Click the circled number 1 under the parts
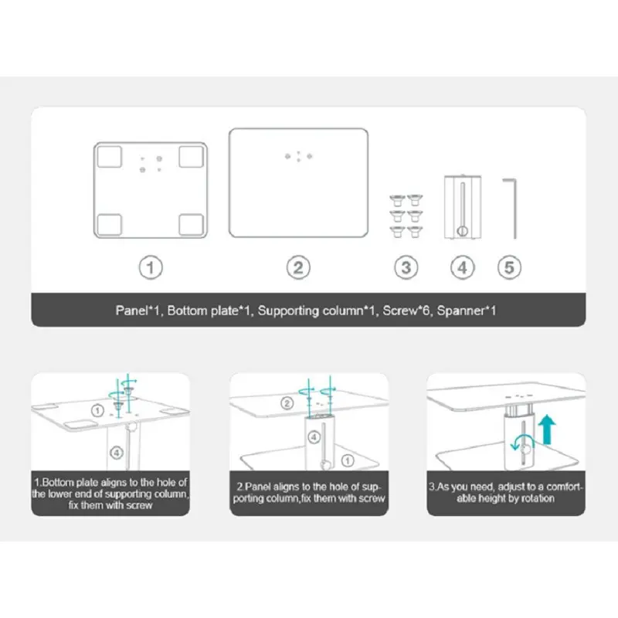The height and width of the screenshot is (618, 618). coord(151,267)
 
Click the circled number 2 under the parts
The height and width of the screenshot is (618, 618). coord(298,267)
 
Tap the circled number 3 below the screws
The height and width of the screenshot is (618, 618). coord(406,267)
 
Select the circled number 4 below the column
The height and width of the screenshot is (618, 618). coord(462,267)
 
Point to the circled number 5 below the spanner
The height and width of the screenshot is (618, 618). coord(509,267)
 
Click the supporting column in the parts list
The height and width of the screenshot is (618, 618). coord(462,207)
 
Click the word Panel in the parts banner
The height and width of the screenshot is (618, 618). coord(131,311)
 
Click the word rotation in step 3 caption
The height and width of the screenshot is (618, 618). coord(538,498)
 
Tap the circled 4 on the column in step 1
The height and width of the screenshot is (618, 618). coord(117,453)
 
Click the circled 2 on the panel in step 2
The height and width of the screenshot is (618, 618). coord(287,403)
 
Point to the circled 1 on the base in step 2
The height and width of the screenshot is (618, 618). coord(347,460)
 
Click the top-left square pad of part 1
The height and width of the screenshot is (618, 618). coord(109,157)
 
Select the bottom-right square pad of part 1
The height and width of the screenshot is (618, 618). coord(192,225)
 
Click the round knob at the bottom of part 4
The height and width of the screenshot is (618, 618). coord(462,231)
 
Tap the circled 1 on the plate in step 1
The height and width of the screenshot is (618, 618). coord(97,411)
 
